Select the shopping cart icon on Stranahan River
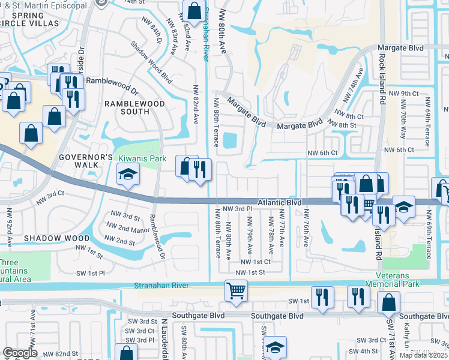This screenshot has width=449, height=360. pyautogui.click(x=236, y=290)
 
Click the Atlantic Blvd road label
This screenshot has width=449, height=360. pyautogui.click(x=280, y=203)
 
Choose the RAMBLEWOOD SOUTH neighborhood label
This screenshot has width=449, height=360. pyautogui.click(x=126, y=107)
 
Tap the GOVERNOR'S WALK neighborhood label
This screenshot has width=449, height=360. pyautogui.click(x=85, y=161)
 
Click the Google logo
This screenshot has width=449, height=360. pyautogui.click(x=20, y=353)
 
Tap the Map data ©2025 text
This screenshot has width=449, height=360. pyautogui.click(x=424, y=355)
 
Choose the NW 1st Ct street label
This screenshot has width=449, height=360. pyautogui.click(x=256, y=262)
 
